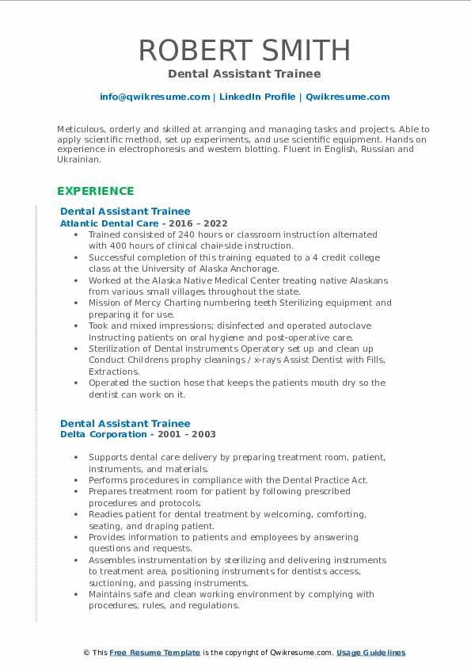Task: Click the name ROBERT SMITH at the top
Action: click(244, 50)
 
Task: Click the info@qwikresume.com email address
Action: click(154, 97)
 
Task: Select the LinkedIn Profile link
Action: click(256, 97)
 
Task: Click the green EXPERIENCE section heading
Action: click(96, 191)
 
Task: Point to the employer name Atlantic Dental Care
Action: click(108, 224)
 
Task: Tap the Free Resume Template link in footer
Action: click(154, 653)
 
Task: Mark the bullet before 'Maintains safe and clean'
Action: click(75, 594)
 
